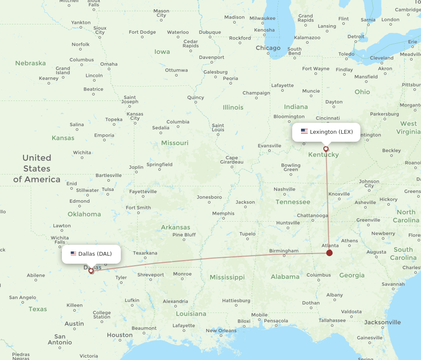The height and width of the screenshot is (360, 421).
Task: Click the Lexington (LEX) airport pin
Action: point(326,148)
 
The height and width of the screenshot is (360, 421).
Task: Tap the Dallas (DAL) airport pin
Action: point(91,271)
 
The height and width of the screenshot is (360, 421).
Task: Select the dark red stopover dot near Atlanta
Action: point(329,253)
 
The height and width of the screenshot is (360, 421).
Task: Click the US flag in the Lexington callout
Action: point(304,132)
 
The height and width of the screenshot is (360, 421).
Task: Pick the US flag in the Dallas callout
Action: point(73,254)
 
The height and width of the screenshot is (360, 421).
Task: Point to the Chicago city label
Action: point(268,48)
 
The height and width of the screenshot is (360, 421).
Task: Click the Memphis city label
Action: point(223,213)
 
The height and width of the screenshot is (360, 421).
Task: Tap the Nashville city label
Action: point(285,189)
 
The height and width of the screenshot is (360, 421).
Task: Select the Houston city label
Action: point(120,335)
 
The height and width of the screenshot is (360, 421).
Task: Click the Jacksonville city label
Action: point(382,322)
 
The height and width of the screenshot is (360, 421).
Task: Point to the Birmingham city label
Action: point(284,251)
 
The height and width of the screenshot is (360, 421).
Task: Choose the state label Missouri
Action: point(175,143)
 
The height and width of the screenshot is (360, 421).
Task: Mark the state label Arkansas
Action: point(176,227)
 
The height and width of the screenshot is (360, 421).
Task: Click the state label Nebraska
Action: point(30,63)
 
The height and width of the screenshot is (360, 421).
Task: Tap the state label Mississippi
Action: point(227,277)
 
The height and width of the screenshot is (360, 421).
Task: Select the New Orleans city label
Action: point(221,331)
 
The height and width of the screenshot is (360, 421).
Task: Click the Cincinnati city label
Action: point(327,118)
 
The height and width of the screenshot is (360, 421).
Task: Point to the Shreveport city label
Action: point(151,275)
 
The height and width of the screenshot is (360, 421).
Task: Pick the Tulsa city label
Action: point(108,189)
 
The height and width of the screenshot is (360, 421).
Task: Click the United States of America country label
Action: point(37,169)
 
